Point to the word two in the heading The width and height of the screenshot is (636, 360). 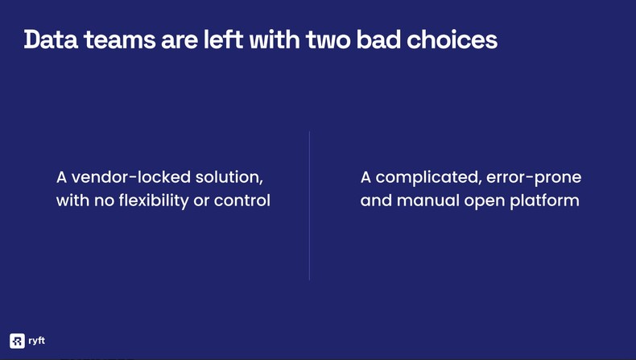pos(328,39)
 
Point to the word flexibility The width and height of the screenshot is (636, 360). pos(153,201)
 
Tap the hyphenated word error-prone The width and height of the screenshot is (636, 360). pos(534,177)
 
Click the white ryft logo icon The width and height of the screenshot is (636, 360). pos(17,341)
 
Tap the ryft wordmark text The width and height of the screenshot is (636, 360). pos(37,341)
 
